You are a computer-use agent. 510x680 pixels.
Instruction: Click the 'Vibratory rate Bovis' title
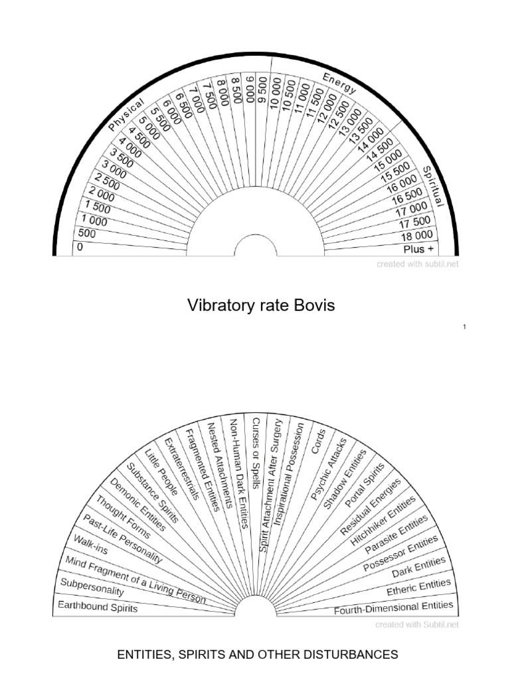(x=261, y=305)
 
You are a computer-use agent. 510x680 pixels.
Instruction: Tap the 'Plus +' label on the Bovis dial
(x=418, y=249)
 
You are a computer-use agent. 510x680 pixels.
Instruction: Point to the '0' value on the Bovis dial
(x=80, y=248)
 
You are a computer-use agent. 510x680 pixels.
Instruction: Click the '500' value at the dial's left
(x=87, y=234)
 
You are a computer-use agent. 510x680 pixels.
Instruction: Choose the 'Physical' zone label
(x=126, y=114)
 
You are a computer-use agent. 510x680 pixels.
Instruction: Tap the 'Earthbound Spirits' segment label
(x=98, y=606)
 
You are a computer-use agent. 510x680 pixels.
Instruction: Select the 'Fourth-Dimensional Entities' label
(x=394, y=608)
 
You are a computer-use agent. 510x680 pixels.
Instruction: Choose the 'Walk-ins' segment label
(x=92, y=545)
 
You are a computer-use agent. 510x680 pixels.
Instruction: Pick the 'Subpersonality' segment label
(x=92, y=587)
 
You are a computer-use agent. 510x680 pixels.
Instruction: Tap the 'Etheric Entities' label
(x=418, y=587)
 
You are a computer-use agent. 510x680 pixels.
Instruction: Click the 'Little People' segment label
(x=162, y=472)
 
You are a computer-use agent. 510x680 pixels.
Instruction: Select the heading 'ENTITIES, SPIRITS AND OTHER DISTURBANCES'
(x=258, y=655)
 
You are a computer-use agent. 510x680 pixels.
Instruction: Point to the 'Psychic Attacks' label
(x=329, y=468)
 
